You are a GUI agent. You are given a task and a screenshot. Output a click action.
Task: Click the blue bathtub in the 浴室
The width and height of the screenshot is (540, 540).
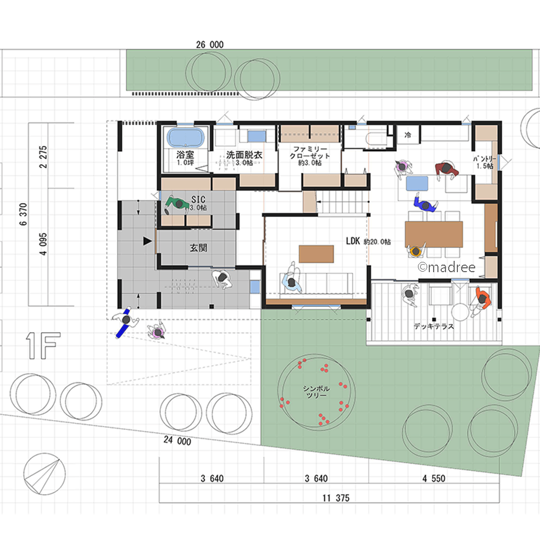tap(186, 138)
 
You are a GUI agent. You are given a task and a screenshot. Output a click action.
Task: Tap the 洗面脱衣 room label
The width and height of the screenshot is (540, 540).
tap(244, 155)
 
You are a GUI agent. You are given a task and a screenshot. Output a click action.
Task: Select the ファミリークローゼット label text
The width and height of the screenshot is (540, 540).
tap(310, 152)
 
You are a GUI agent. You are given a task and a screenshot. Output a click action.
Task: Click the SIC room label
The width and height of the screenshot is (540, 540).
tap(198, 199)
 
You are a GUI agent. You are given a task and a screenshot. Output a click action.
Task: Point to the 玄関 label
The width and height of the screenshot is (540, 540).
tap(198, 248)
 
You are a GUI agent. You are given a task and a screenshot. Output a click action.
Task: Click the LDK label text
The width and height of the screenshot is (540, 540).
tap(353, 241)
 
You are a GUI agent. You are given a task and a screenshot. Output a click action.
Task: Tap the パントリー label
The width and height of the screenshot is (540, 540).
tap(484, 159)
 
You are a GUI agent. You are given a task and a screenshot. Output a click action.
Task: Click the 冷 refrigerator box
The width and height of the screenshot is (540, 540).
tap(408, 134)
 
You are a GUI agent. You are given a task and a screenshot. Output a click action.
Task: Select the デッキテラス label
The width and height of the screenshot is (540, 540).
tap(434, 326)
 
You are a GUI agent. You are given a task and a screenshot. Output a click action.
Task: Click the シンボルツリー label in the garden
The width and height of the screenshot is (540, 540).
tap(316, 392)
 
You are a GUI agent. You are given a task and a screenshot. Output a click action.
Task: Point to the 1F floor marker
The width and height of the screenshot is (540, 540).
tap(43, 346)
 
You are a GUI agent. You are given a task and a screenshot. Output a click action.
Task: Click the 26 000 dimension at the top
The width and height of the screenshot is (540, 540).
tap(210, 45)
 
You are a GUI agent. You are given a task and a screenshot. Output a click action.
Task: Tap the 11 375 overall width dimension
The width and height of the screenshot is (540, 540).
tap(336, 498)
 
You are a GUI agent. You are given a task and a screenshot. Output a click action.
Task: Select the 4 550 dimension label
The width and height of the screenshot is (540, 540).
tap(434, 478)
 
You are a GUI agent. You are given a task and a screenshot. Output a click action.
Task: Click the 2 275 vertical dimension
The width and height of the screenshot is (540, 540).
tap(43, 157)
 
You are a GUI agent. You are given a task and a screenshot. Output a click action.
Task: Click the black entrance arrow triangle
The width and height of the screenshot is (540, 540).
tap(147, 241)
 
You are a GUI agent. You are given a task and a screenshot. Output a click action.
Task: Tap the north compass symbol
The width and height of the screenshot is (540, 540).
tap(44, 474)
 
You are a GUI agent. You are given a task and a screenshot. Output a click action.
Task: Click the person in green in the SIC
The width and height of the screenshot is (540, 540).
tap(177, 204)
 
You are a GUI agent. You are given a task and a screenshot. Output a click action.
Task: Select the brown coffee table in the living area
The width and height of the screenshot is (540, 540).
tap(316, 254)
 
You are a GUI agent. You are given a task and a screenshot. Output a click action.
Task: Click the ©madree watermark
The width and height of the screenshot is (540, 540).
tap(447, 267)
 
